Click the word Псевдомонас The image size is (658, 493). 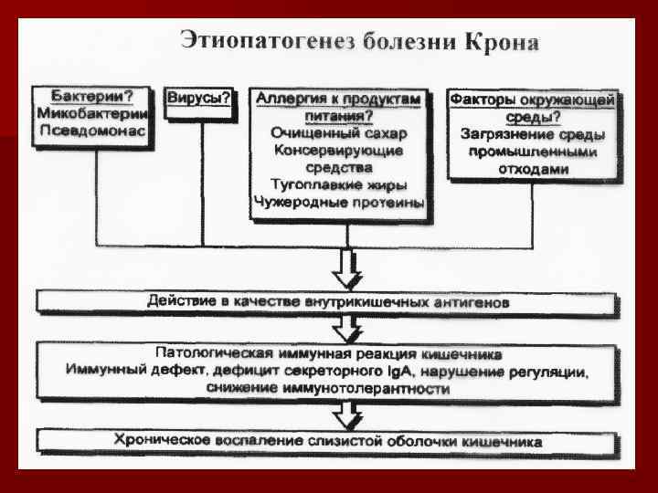point(91,131)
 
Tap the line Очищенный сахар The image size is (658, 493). point(339,133)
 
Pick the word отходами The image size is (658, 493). point(534,169)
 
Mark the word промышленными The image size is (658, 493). point(534,152)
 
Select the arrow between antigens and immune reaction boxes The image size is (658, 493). point(348,326)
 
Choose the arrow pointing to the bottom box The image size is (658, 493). point(348,416)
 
